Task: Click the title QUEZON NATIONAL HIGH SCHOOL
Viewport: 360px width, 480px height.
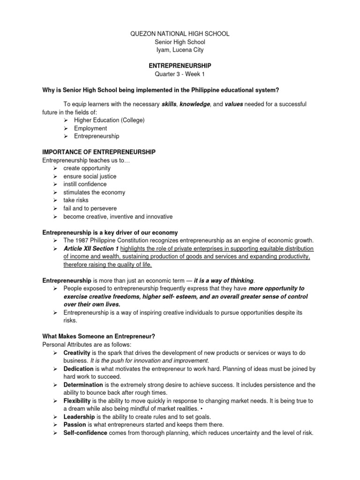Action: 180,34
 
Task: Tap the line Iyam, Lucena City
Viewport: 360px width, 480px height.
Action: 180,50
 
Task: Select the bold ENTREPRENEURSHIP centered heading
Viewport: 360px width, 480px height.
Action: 180,66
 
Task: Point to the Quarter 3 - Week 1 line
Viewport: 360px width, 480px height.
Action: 180,74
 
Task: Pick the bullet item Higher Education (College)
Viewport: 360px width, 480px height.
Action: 109,120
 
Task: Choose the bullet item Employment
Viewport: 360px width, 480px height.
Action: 90,128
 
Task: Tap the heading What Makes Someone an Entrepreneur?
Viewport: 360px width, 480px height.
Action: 98,336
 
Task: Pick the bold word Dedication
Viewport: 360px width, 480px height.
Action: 79,369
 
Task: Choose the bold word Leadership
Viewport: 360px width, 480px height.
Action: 79,417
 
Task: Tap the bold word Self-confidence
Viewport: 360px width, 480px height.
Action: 85,433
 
